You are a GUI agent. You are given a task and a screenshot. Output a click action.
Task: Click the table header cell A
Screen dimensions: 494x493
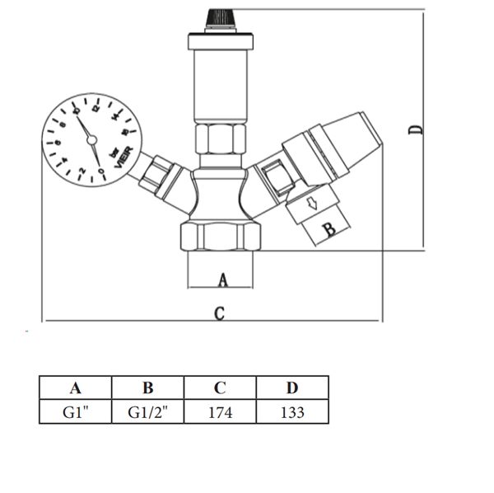pyautogui.click(x=75, y=387)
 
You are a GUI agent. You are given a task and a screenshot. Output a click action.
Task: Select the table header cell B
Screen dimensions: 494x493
pyautogui.click(x=147, y=387)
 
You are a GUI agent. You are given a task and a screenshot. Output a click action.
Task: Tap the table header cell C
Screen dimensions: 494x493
pyautogui.click(x=220, y=387)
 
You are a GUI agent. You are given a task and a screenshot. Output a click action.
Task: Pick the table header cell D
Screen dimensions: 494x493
pyautogui.click(x=292, y=387)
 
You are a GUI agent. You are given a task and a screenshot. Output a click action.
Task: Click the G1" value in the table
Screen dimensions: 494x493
pyautogui.click(x=76, y=412)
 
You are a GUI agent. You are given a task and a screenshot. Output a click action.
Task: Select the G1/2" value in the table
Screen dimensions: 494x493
pyautogui.click(x=147, y=412)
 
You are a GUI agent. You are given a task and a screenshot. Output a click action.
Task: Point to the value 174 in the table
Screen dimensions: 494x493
pyautogui.click(x=220, y=412)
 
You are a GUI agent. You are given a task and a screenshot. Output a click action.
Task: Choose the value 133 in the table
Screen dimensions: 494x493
pyautogui.click(x=292, y=412)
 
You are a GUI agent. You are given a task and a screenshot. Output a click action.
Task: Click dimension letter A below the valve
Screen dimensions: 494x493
pyautogui.click(x=223, y=280)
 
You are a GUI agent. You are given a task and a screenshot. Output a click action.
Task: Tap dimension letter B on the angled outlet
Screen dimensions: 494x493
pyautogui.click(x=329, y=229)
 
